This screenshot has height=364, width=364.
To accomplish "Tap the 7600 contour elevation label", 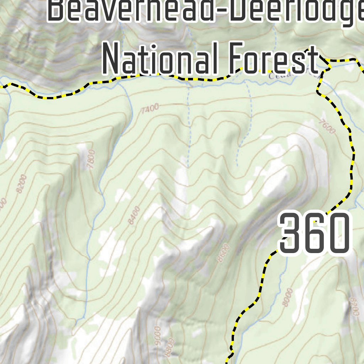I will point(327,126).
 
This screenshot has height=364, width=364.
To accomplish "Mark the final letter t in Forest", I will point(312,60).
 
